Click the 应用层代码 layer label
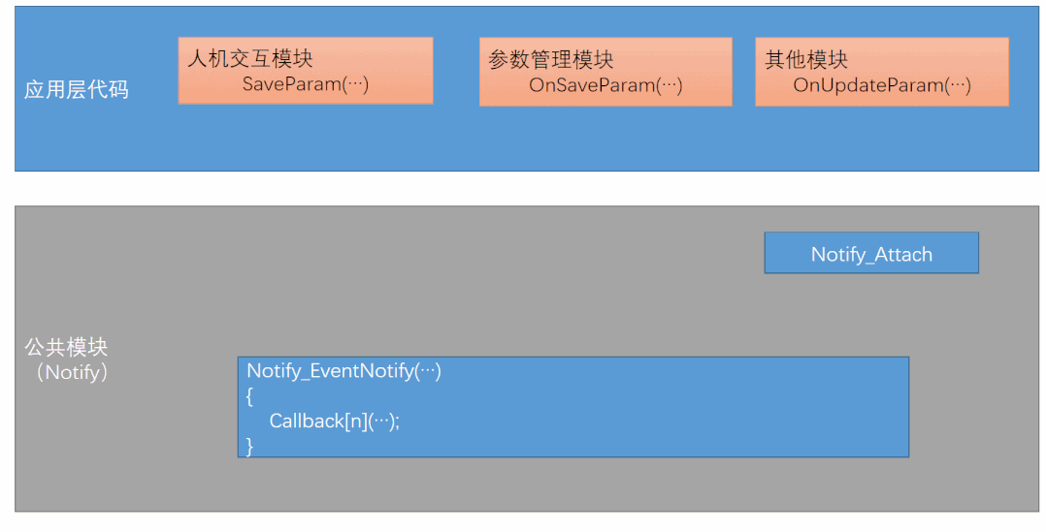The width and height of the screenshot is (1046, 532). click(x=77, y=90)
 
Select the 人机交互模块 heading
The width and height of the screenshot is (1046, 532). click(x=250, y=60)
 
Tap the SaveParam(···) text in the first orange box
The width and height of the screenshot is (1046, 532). click(x=306, y=84)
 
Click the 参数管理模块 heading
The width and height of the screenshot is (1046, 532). click(x=551, y=60)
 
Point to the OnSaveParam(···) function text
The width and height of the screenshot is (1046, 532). click(x=605, y=85)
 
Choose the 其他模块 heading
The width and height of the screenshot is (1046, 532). click(x=806, y=60)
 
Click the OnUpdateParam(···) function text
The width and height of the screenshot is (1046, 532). click(x=882, y=85)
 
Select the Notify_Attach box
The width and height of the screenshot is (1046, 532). click(x=871, y=254)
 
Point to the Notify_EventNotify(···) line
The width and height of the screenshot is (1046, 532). click(x=343, y=371)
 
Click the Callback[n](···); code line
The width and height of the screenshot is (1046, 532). click(x=335, y=422)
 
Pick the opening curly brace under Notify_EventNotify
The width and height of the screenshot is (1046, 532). click(x=250, y=396)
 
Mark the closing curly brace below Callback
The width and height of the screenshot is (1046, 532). click(x=250, y=446)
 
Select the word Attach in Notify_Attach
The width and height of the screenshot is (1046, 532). click(x=903, y=255)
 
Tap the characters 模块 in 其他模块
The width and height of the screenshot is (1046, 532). click(x=828, y=60)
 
